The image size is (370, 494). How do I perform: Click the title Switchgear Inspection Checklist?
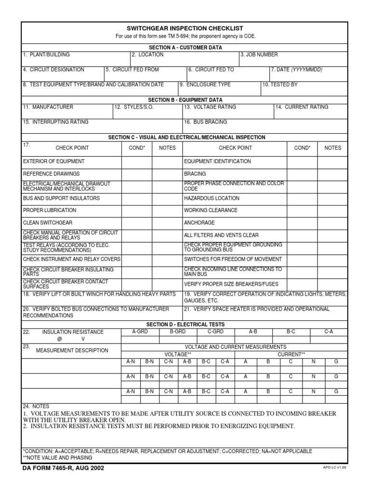(185, 28)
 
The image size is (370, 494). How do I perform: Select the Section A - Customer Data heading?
(185, 47)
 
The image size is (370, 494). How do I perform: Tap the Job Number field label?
(259, 55)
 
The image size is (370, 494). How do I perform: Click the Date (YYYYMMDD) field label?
(297, 70)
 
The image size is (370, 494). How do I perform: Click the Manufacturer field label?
(48, 107)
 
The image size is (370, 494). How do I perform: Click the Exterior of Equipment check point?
(53, 162)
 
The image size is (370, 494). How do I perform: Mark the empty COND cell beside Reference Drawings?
(137, 174)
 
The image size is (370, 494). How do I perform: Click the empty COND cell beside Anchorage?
(302, 223)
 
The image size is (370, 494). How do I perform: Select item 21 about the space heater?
(257, 309)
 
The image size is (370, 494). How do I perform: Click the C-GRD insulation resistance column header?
(215, 332)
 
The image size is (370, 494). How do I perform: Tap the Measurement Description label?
(72, 350)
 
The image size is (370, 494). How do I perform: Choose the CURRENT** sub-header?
(291, 354)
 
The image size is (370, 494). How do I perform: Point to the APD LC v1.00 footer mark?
(334, 467)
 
